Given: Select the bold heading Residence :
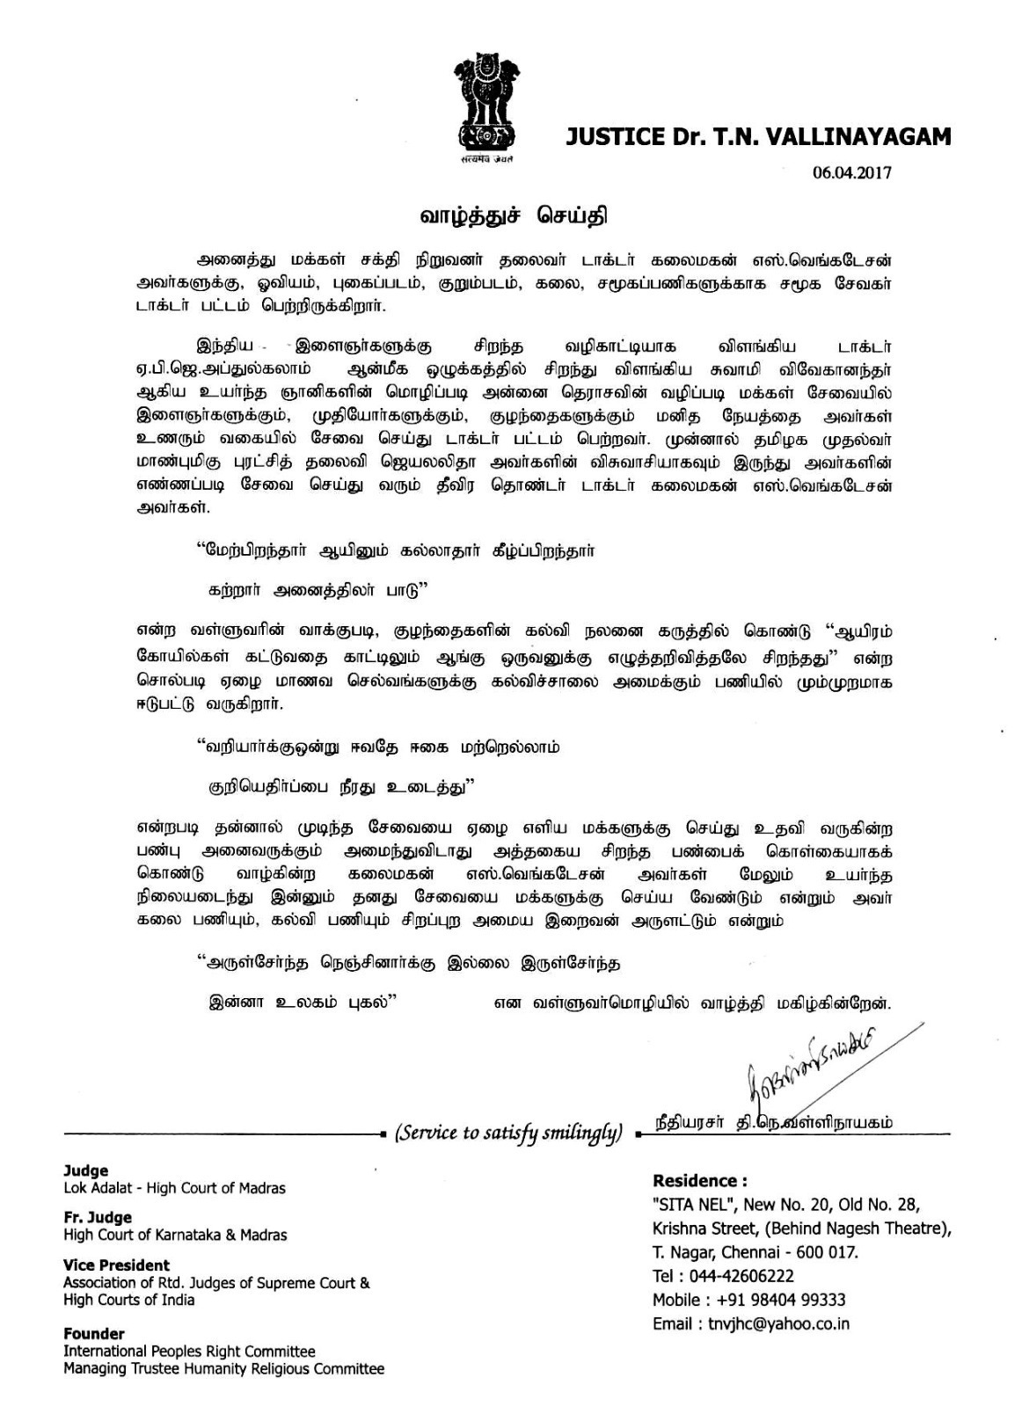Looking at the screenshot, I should tap(699, 1181).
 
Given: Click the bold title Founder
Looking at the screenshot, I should tap(93, 1334).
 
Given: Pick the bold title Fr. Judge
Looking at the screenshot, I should tap(98, 1218).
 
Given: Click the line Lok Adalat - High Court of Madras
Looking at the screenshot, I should tap(174, 1188).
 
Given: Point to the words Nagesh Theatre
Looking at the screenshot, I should tap(887, 1228).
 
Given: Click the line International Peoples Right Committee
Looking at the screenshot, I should tap(189, 1352).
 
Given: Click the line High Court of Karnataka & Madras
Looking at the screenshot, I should tap(175, 1235).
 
